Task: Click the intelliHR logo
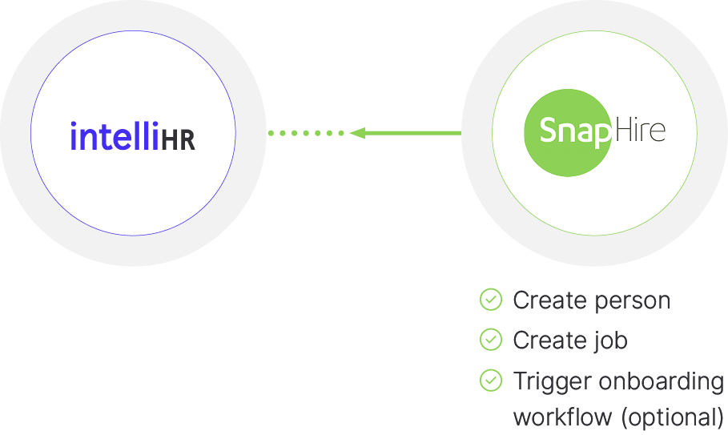click(133, 137)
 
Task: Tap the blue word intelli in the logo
click(114, 136)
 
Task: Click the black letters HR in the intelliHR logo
click(178, 139)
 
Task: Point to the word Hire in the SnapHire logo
click(639, 130)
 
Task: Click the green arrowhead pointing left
click(357, 133)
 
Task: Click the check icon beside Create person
click(490, 300)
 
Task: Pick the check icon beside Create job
click(490, 340)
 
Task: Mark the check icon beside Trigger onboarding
click(490, 381)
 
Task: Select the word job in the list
click(610, 340)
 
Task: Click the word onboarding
click(658, 382)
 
